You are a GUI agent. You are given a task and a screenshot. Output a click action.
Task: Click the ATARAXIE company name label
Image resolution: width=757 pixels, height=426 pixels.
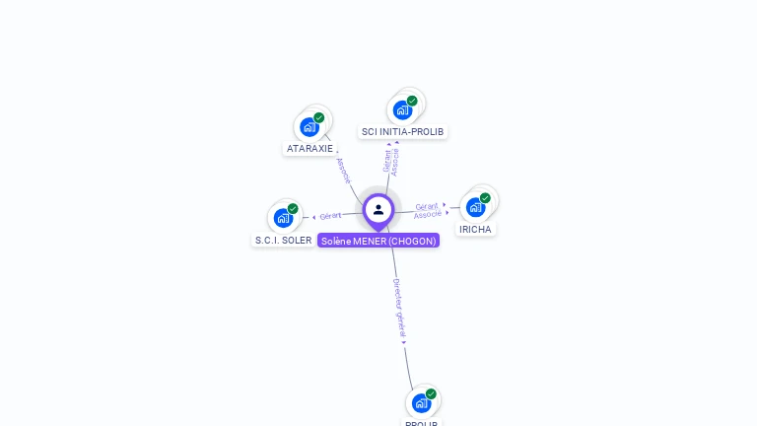[x=309, y=149]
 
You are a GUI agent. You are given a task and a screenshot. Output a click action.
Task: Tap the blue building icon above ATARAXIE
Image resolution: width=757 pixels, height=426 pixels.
[x=310, y=127]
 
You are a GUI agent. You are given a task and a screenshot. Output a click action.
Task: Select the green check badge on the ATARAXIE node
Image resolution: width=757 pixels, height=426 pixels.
[x=319, y=117]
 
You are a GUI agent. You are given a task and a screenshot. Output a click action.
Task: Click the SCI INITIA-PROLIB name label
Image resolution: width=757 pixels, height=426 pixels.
[x=402, y=131]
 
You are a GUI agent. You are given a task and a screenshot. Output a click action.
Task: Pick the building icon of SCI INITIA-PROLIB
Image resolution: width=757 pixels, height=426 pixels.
[x=402, y=109]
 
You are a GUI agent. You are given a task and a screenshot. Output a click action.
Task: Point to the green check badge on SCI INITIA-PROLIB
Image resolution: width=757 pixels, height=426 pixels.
[x=412, y=101]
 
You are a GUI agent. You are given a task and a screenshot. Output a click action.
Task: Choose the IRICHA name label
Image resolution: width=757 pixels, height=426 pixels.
[x=475, y=229]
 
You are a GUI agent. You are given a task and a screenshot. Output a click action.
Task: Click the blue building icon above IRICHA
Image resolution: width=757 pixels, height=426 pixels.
[x=475, y=207]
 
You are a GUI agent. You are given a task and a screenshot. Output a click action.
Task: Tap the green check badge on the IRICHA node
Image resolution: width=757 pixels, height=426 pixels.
[x=485, y=198]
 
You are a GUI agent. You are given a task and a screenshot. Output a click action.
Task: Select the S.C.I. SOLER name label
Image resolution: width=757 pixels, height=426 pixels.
[x=284, y=240]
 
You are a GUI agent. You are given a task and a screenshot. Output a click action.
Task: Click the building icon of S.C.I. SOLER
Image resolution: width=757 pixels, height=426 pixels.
[x=283, y=218]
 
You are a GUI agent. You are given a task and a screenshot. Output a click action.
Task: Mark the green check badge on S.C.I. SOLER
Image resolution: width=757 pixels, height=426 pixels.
[x=293, y=209]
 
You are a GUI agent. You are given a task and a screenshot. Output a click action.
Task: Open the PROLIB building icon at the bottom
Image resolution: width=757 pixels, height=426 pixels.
[x=421, y=402]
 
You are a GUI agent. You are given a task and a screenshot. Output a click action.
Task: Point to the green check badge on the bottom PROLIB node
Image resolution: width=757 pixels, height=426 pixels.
[x=431, y=393]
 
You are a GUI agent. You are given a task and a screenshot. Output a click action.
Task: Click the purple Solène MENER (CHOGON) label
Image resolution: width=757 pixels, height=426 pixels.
[x=378, y=241]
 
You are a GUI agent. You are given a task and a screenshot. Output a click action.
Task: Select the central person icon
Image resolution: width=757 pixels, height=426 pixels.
[x=378, y=209]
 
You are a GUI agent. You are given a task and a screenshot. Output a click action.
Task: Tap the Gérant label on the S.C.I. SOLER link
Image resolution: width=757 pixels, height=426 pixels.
[x=330, y=216]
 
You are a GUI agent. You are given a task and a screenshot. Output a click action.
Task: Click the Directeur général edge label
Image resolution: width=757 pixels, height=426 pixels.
[x=399, y=309]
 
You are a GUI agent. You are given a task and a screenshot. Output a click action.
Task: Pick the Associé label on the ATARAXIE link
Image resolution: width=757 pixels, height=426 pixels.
[x=343, y=171]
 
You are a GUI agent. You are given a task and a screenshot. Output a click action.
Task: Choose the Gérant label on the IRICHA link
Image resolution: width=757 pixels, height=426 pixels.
[x=426, y=206]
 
